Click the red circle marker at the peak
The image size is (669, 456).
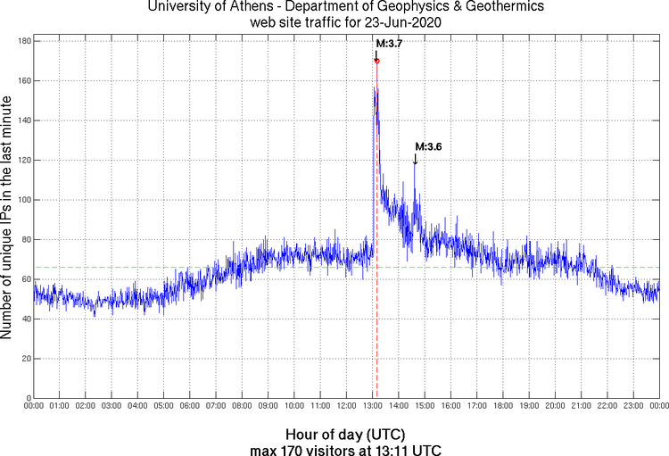click(x=376, y=61)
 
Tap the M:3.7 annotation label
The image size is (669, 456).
click(x=389, y=44)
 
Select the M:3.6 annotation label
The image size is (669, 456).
click(x=428, y=146)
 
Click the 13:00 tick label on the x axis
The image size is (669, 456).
click(x=372, y=406)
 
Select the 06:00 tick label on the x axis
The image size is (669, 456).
click(x=190, y=406)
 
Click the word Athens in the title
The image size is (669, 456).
click(x=255, y=8)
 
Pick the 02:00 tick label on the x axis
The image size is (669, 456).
click(x=86, y=406)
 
